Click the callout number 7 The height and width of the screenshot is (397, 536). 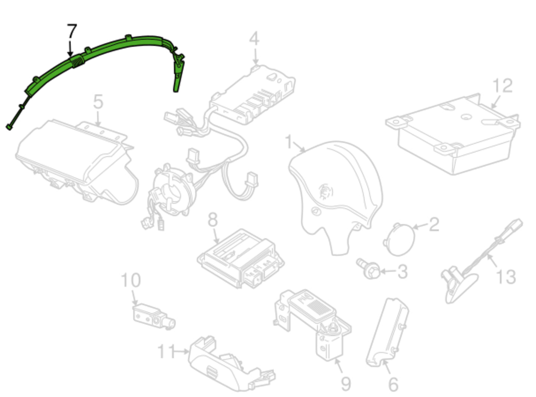72,31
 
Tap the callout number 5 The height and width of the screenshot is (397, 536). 98,102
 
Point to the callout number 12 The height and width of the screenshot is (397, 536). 502,86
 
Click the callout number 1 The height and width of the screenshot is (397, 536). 289,142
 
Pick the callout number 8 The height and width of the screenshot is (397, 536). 213,219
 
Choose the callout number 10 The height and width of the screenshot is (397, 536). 131,280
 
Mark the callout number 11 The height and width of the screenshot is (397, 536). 166,351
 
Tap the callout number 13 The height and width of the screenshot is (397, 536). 506,277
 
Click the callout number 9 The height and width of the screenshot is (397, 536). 346,384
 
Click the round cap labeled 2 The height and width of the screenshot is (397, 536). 399,239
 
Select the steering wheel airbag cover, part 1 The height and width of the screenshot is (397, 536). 336,193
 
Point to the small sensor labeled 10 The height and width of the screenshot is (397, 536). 154,317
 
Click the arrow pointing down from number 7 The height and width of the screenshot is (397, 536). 70,49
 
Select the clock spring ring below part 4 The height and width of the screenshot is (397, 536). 172,191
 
